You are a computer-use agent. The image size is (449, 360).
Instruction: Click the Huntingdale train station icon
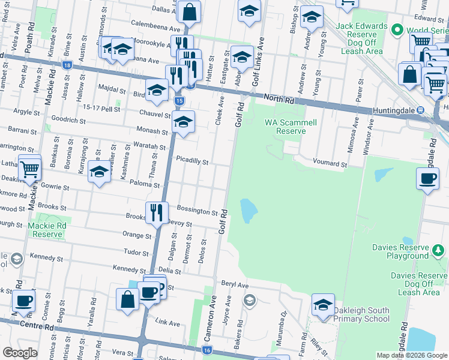(x=421, y=110)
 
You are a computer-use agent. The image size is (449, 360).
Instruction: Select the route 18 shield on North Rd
(x=66, y=65)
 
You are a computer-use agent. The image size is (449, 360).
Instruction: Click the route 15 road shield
(x=179, y=101)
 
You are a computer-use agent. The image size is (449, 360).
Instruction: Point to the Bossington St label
(x=197, y=211)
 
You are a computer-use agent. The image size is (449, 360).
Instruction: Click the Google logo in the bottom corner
(x=20, y=353)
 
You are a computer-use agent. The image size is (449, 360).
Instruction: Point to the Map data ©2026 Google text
(x=412, y=355)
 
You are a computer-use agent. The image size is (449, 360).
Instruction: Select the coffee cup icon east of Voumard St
(x=427, y=179)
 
